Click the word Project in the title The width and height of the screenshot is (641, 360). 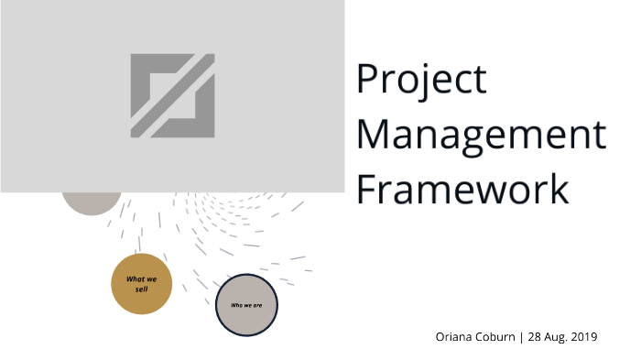[x=421, y=81]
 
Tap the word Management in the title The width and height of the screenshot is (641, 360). [x=480, y=135]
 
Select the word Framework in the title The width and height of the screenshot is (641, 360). [x=462, y=189]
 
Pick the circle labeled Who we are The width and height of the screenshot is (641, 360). [x=246, y=305]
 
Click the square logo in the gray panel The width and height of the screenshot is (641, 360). [x=172, y=96]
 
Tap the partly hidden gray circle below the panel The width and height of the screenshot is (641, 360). [x=92, y=202]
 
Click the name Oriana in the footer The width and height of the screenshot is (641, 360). [x=454, y=337]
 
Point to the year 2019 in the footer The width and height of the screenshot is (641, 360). [x=583, y=337]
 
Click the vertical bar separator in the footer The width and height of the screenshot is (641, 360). [x=522, y=337]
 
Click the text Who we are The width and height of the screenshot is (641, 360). [x=246, y=305]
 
